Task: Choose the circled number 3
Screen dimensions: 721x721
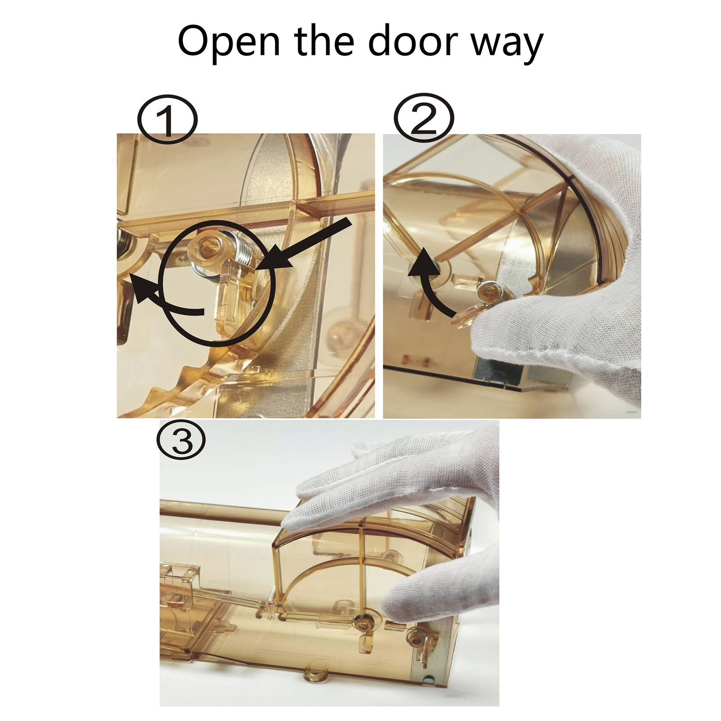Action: pos(181,440)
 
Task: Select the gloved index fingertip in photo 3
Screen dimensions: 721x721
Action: pos(293,523)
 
